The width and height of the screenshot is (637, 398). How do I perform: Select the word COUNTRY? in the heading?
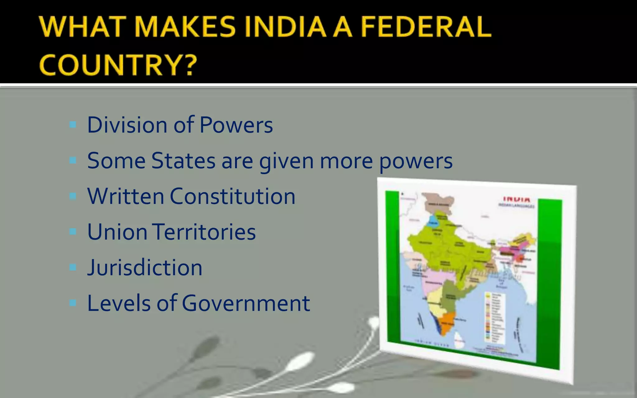pos(118,65)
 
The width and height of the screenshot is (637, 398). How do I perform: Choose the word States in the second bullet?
pos(183,161)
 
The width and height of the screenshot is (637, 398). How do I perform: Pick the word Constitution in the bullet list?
pos(232,197)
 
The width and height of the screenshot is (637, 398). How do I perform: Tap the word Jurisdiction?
pos(145,268)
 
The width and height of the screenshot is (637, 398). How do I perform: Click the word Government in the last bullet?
pos(246,303)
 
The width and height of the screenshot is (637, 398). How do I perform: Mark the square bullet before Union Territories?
pos(73,232)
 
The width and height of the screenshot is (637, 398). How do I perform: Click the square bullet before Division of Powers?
pos(73,125)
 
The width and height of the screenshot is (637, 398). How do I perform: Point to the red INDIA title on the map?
pos(517,199)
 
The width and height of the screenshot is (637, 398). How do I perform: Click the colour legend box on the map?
pos(495,317)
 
